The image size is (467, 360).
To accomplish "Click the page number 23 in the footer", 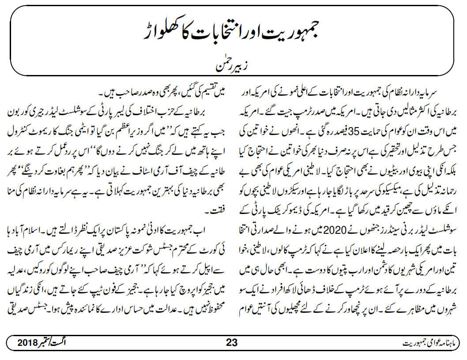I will click(232, 343).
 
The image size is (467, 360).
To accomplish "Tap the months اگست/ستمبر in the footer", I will click(62, 343).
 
